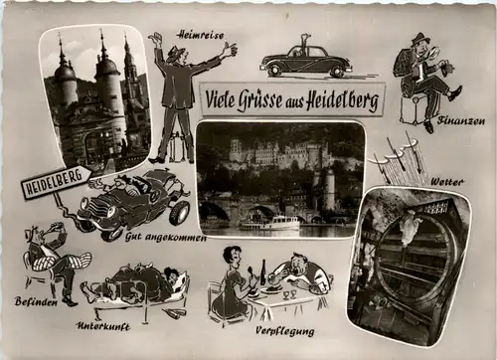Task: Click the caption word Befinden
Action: [x=35, y=300]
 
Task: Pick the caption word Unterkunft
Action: [x=103, y=325]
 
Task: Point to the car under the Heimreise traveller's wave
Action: [x=306, y=62]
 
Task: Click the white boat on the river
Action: [x=270, y=224]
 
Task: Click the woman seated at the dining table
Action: [x=231, y=285]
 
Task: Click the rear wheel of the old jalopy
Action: [x=179, y=212]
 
